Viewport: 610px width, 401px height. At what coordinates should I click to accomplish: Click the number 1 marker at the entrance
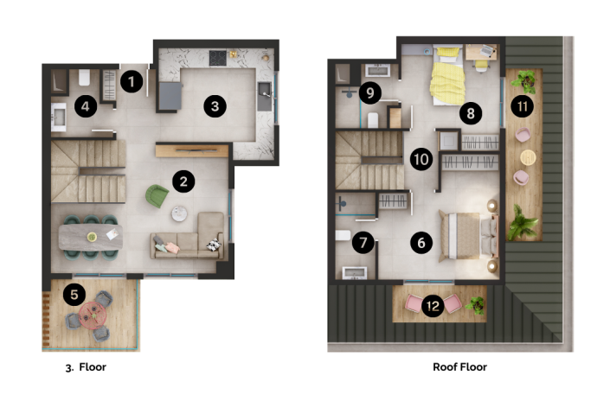[131, 82]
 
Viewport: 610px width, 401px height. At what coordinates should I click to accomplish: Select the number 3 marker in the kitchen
[215, 106]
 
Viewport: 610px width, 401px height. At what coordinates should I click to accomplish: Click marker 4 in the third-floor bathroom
[85, 106]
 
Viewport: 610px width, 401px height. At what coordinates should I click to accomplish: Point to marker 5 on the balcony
[74, 295]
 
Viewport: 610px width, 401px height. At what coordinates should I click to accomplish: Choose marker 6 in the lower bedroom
[421, 242]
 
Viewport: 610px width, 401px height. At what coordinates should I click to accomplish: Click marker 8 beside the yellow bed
[470, 112]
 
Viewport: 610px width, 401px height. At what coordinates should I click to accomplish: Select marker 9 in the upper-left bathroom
[369, 92]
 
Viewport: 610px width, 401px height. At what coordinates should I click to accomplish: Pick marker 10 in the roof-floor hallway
[421, 159]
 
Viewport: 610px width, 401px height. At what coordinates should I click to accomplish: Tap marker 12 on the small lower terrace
[433, 305]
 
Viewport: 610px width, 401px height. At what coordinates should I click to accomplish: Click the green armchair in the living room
[157, 195]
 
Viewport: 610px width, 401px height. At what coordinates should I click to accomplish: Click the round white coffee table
[179, 213]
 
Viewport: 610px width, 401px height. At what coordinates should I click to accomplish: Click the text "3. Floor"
[86, 366]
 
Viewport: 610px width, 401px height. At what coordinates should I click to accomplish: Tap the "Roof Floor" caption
[459, 366]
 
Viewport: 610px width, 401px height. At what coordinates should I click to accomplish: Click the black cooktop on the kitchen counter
[215, 57]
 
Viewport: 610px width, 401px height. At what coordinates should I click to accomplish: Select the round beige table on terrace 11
[529, 157]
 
